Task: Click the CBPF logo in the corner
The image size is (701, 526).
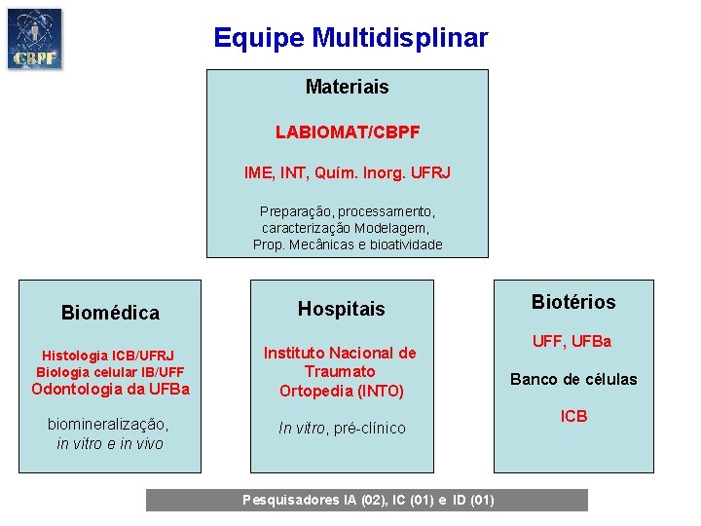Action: pyautogui.click(x=34, y=38)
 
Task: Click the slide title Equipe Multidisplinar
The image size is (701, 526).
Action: pyautogui.click(x=350, y=38)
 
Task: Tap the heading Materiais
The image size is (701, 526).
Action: pyautogui.click(x=347, y=87)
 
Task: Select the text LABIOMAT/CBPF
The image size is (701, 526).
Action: pyautogui.click(x=348, y=131)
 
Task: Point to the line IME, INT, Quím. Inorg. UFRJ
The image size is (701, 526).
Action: pyautogui.click(x=348, y=172)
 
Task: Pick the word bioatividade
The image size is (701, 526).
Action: pyautogui.click(x=406, y=244)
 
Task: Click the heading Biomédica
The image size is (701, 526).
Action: pyautogui.click(x=110, y=313)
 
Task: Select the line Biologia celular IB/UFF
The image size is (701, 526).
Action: pyautogui.click(x=110, y=372)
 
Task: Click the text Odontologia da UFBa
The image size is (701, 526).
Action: pyautogui.click(x=111, y=390)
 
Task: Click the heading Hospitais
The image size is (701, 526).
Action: pyautogui.click(x=342, y=309)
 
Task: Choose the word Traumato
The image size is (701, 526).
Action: pyautogui.click(x=340, y=371)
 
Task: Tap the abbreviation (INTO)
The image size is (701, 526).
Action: pyautogui.click(x=382, y=391)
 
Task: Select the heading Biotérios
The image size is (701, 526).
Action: pyautogui.click(x=573, y=302)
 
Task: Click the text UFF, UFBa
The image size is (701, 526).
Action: pyautogui.click(x=572, y=341)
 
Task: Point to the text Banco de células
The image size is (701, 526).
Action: pyautogui.click(x=573, y=379)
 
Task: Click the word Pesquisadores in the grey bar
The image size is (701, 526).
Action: pyautogui.click(x=290, y=501)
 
